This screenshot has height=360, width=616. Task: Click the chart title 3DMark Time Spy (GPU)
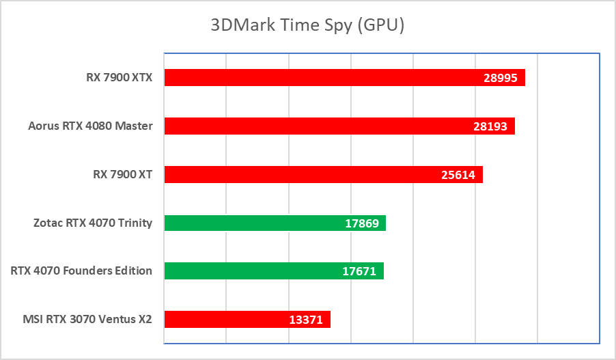tap(307, 25)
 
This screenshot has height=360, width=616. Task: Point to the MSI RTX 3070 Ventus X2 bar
tap(225, 319)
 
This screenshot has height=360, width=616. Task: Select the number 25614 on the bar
tap(458, 175)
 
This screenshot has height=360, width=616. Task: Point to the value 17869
tap(361, 223)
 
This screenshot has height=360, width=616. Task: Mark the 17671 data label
tap(359, 272)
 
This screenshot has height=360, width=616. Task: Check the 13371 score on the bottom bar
tap(305, 320)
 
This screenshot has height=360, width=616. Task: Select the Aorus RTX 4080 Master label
tap(90, 126)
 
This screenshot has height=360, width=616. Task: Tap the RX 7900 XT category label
tap(122, 174)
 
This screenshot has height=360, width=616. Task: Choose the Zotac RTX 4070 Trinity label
tap(92, 223)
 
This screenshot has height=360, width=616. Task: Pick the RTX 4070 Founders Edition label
tap(81, 271)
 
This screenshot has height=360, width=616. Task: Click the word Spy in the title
tap(339, 26)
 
